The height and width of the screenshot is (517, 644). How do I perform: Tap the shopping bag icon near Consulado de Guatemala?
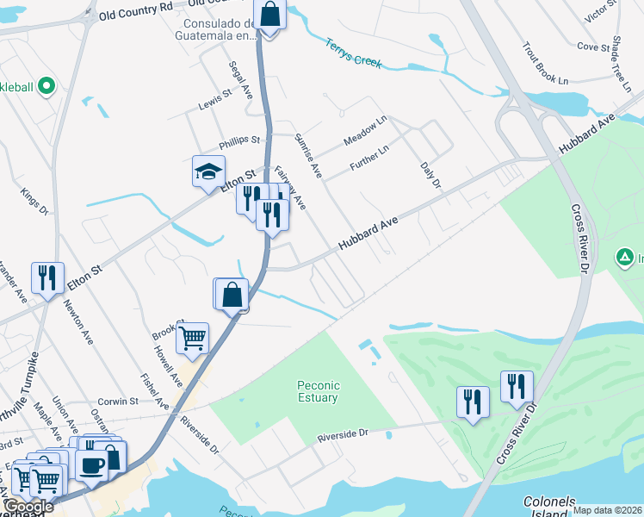269,16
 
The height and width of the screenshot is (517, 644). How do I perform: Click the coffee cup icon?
91,464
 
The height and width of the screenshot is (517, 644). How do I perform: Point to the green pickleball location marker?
46,86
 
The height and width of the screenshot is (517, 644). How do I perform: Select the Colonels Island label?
552,504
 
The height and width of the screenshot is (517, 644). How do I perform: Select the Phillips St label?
238,140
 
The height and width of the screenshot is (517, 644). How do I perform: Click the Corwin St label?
118,402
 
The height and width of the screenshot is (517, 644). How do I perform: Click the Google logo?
28,507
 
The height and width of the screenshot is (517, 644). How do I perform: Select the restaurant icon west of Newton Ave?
46,277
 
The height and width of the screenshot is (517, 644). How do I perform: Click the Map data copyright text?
607,510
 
